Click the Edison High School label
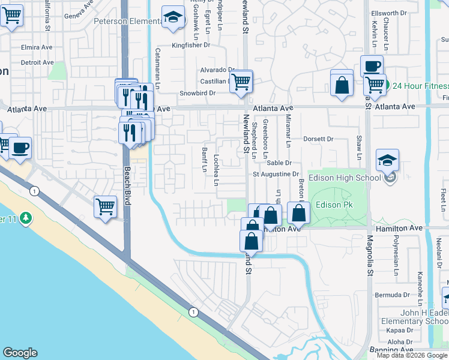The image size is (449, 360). click(344, 178)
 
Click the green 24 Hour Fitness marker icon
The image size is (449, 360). click(386, 85)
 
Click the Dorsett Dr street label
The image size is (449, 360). click(318, 139)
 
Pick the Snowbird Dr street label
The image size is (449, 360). click(197, 94)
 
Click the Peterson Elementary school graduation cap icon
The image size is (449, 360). click(173, 19)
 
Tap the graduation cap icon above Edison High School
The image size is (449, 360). click(387, 160)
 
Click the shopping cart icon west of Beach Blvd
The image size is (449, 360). click(105, 207)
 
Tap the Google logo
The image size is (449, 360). click(20, 353)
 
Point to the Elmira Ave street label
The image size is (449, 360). click(21, 47)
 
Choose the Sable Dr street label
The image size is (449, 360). click(279, 163)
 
